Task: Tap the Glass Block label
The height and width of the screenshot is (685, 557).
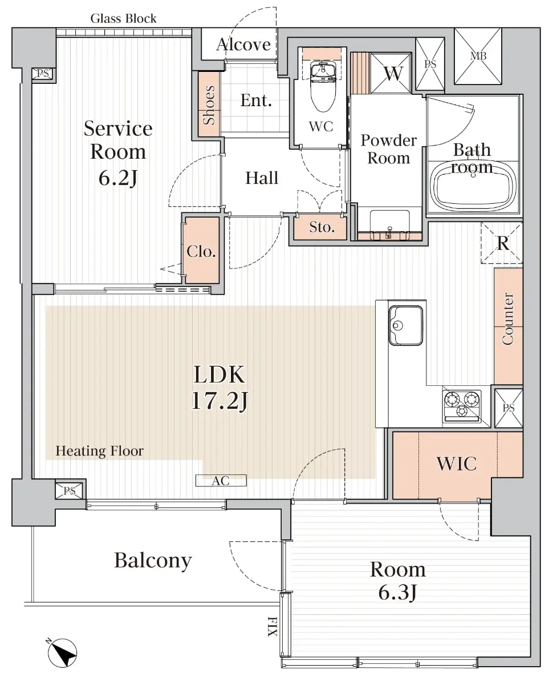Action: point(123,18)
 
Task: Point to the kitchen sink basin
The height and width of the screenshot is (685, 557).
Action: point(405,325)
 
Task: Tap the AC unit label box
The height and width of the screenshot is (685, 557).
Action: point(221,481)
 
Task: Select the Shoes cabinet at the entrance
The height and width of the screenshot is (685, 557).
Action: point(209,104)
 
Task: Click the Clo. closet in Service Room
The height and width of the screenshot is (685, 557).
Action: point(201,251)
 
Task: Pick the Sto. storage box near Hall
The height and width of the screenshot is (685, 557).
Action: point(322,227)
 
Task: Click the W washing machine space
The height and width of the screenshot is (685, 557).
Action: point(391,73)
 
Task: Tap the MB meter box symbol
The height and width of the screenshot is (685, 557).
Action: point(477,56)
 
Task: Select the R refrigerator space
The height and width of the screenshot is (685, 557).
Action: point(502,244)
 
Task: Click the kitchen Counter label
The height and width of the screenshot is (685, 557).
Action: point(507,320)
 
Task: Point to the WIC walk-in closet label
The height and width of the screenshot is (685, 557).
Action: point(456,464)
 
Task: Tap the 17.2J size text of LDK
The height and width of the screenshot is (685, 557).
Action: point(219,401)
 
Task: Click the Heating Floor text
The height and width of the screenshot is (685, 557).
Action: point(99,451)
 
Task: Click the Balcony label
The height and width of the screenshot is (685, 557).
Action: point(153,560)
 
